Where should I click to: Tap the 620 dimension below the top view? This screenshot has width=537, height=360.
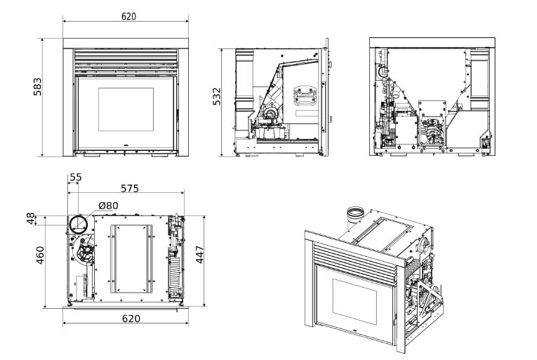(127, 318)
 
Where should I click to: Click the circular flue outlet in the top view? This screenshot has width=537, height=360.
(79, 225)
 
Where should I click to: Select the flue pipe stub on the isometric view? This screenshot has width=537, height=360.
(356, 213)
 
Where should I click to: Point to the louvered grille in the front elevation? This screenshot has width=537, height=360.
(126, 59)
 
